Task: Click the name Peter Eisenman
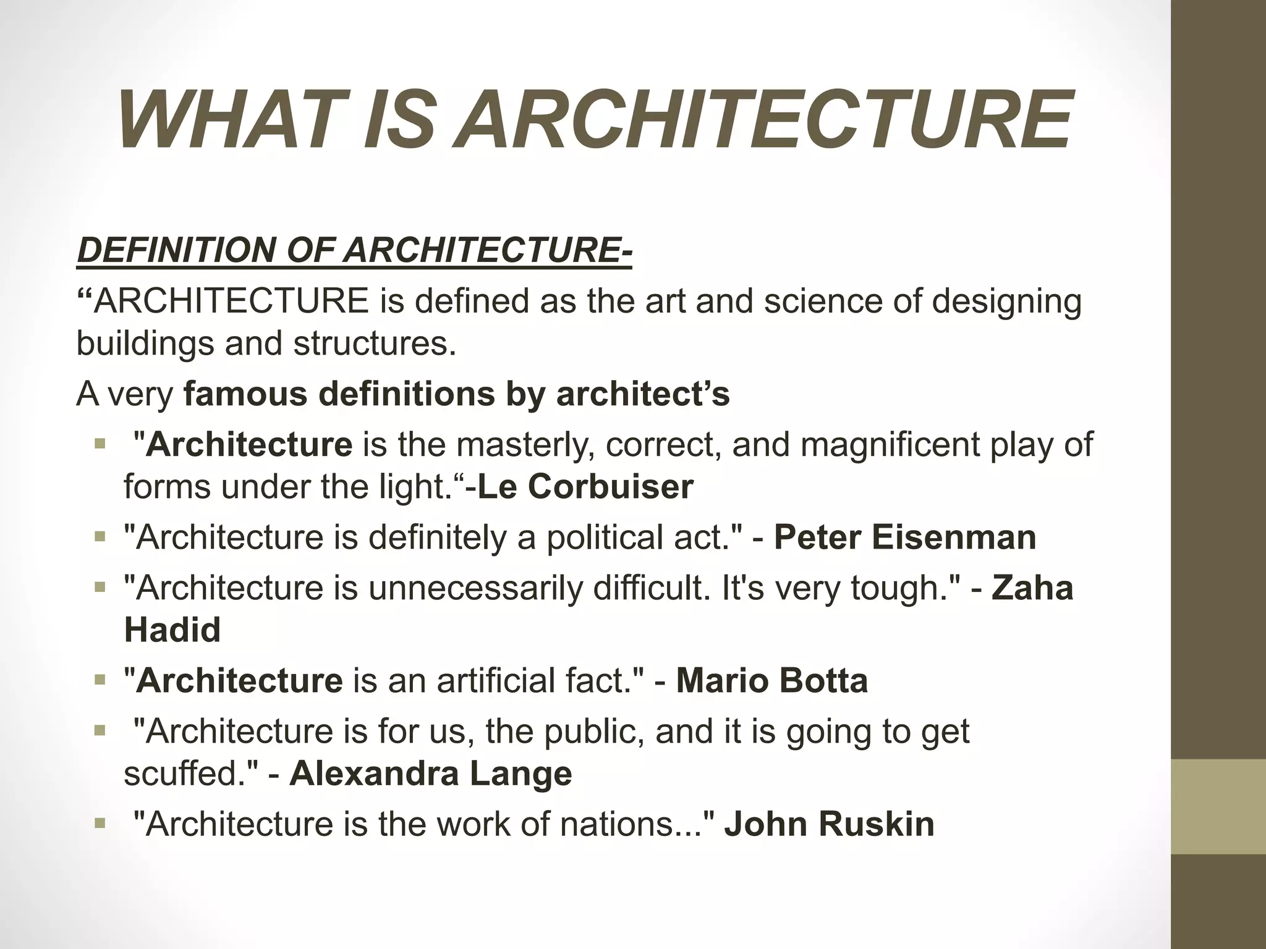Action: pos(905,537)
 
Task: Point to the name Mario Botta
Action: pos(772,680)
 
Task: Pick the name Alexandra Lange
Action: pos(430,774)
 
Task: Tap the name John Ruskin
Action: pos(829,824)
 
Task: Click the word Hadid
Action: pos(172,630)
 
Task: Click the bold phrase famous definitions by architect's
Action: pos(457,394)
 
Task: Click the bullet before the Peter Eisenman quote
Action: pos(100,536)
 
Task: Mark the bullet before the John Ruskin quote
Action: pos(100,823)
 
